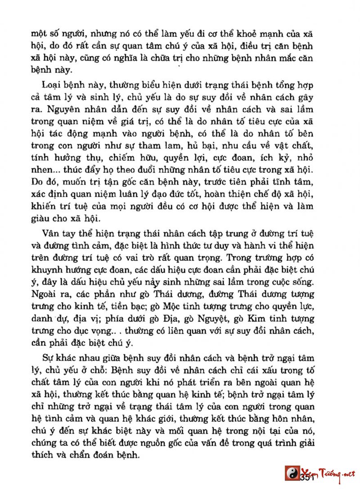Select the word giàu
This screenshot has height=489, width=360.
click(41, 219)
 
